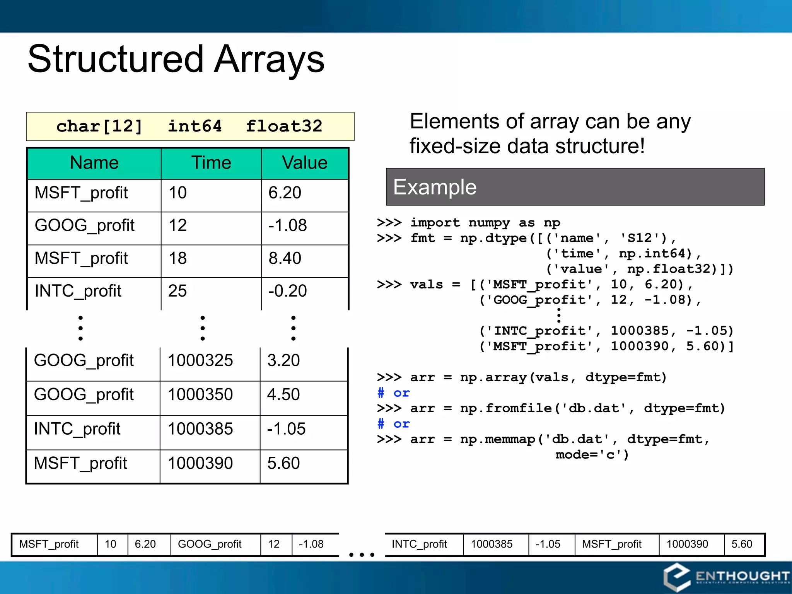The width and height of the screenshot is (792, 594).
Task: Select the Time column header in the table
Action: point(211,163)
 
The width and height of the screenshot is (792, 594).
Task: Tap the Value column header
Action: point(305,163)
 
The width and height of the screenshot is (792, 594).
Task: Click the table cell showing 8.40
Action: point(285,258)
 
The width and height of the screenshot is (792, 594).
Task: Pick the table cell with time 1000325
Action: point(200,360)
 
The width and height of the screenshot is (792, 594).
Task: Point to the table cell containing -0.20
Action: point(287,291)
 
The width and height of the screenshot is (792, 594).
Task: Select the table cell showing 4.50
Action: point(283,394)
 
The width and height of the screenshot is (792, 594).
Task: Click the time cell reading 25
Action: point(178,291)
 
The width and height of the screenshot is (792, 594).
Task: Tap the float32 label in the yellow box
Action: point(284,126)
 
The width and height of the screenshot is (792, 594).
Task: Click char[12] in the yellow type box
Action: point(99,126)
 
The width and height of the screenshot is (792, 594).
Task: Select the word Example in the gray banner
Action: point(435,187)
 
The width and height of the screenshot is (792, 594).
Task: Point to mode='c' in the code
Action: point(592,455)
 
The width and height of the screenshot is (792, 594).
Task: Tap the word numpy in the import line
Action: point(489,223)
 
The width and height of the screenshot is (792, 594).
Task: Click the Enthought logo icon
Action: point(677,577)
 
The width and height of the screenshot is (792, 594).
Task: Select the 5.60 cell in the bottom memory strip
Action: point(742,544)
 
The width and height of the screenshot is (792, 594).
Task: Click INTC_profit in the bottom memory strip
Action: point(419,544)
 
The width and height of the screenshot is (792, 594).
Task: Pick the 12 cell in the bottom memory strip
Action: point(274,544)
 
